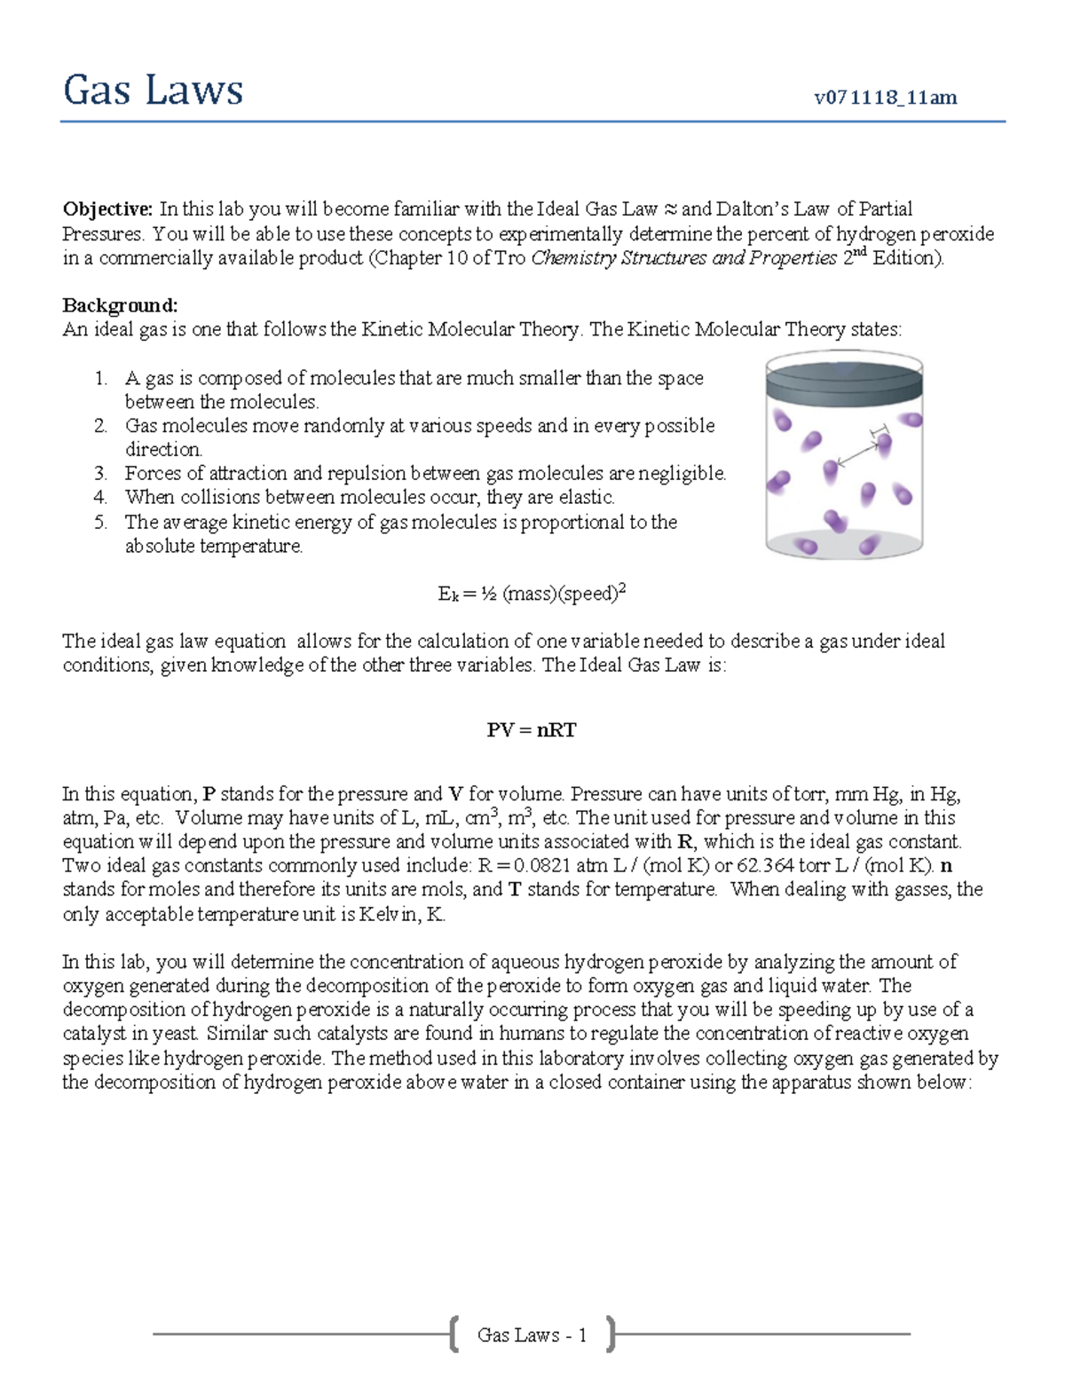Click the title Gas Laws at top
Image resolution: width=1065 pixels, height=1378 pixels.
pos(153,91)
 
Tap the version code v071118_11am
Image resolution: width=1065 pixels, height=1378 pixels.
pos(885,98)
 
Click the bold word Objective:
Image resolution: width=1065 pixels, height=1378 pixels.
pos(107,209)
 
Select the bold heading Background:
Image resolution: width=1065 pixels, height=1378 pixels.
pos(120,305)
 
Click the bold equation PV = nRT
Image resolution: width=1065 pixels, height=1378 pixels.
pos(531,730)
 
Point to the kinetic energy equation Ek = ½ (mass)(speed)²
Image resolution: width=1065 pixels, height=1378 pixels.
pos(531,594)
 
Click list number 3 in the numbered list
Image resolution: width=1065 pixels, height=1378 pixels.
pos(100,474)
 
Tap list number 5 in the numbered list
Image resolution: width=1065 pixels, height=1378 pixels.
pos(100,523)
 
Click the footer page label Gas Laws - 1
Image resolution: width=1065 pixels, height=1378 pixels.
pos(532,1335)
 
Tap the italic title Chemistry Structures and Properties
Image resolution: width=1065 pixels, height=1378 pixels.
pos(683,258)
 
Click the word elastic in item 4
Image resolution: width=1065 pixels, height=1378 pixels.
pos(587,498)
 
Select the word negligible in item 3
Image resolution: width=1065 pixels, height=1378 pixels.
pos(687,474)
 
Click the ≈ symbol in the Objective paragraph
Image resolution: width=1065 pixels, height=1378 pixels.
pos(670,209)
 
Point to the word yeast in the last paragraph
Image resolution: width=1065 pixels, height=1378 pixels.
pos(177,1034)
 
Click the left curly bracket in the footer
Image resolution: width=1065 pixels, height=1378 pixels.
pos(454,1334)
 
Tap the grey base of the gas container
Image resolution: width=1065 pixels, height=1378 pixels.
pos(843,543)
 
